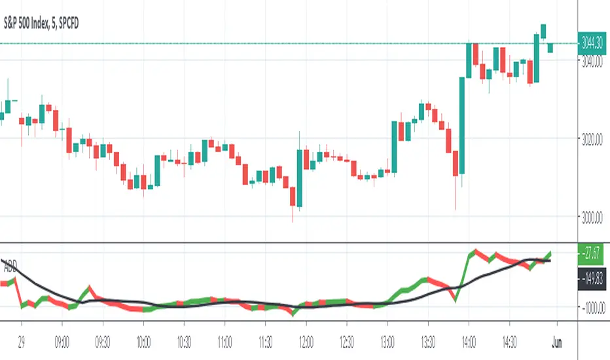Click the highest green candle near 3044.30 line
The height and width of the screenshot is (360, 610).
point(543,31)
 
